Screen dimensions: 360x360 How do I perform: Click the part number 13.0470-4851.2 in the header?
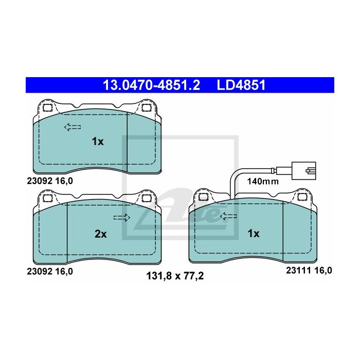[x=151, y=85]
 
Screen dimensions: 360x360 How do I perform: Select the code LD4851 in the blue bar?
[x=241, y=85]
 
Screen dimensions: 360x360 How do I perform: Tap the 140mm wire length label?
[x=263, y=182]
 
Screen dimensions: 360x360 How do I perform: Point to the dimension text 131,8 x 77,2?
[x=175, y=276]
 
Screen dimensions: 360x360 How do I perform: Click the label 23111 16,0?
[x=309, y=271]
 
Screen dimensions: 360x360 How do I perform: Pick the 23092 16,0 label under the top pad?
[x=50, y=181]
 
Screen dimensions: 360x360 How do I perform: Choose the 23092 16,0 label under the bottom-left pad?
[x=50, y=272]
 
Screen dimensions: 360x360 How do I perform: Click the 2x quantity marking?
[x=101, y=234]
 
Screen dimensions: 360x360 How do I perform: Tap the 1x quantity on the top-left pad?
[x=98, y=141]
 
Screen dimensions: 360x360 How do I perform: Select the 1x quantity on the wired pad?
[x=254, y=233]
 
